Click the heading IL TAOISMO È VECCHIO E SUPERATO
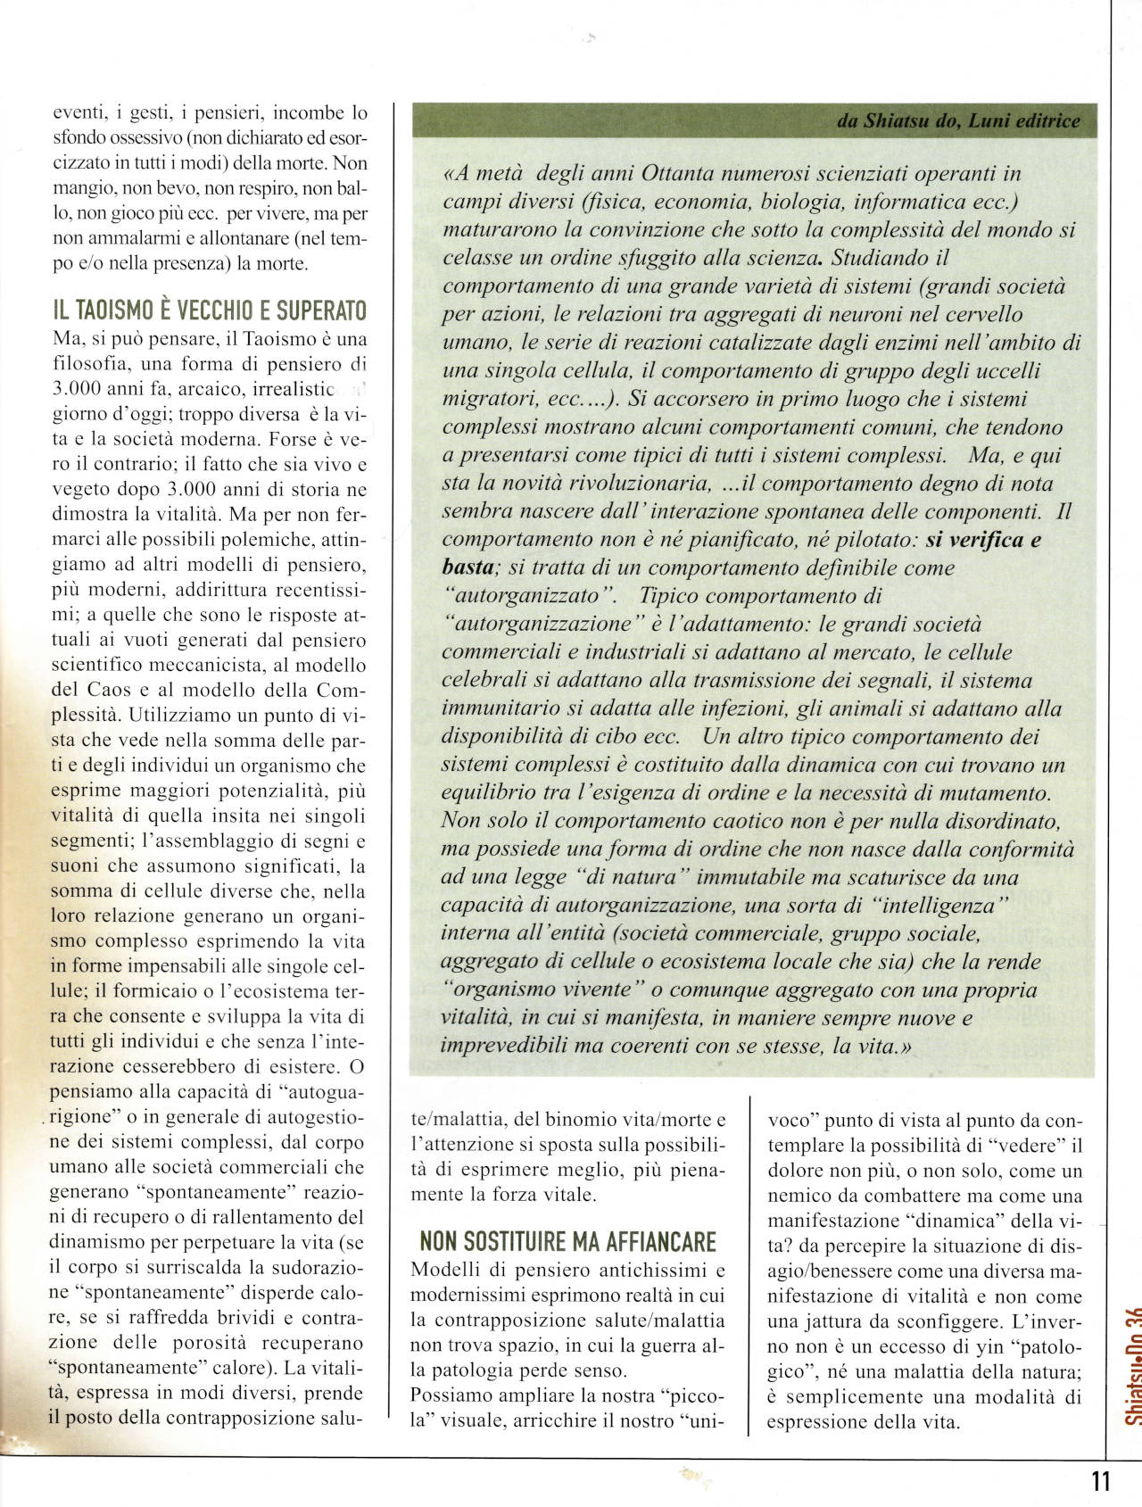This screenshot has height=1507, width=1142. [x=210, y=311]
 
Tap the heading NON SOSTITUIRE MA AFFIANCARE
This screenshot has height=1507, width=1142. [x=567, y=1241]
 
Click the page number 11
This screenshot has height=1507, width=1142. [x=1100, y=1481]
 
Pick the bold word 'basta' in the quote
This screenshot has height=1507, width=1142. [x=468, y=567]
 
